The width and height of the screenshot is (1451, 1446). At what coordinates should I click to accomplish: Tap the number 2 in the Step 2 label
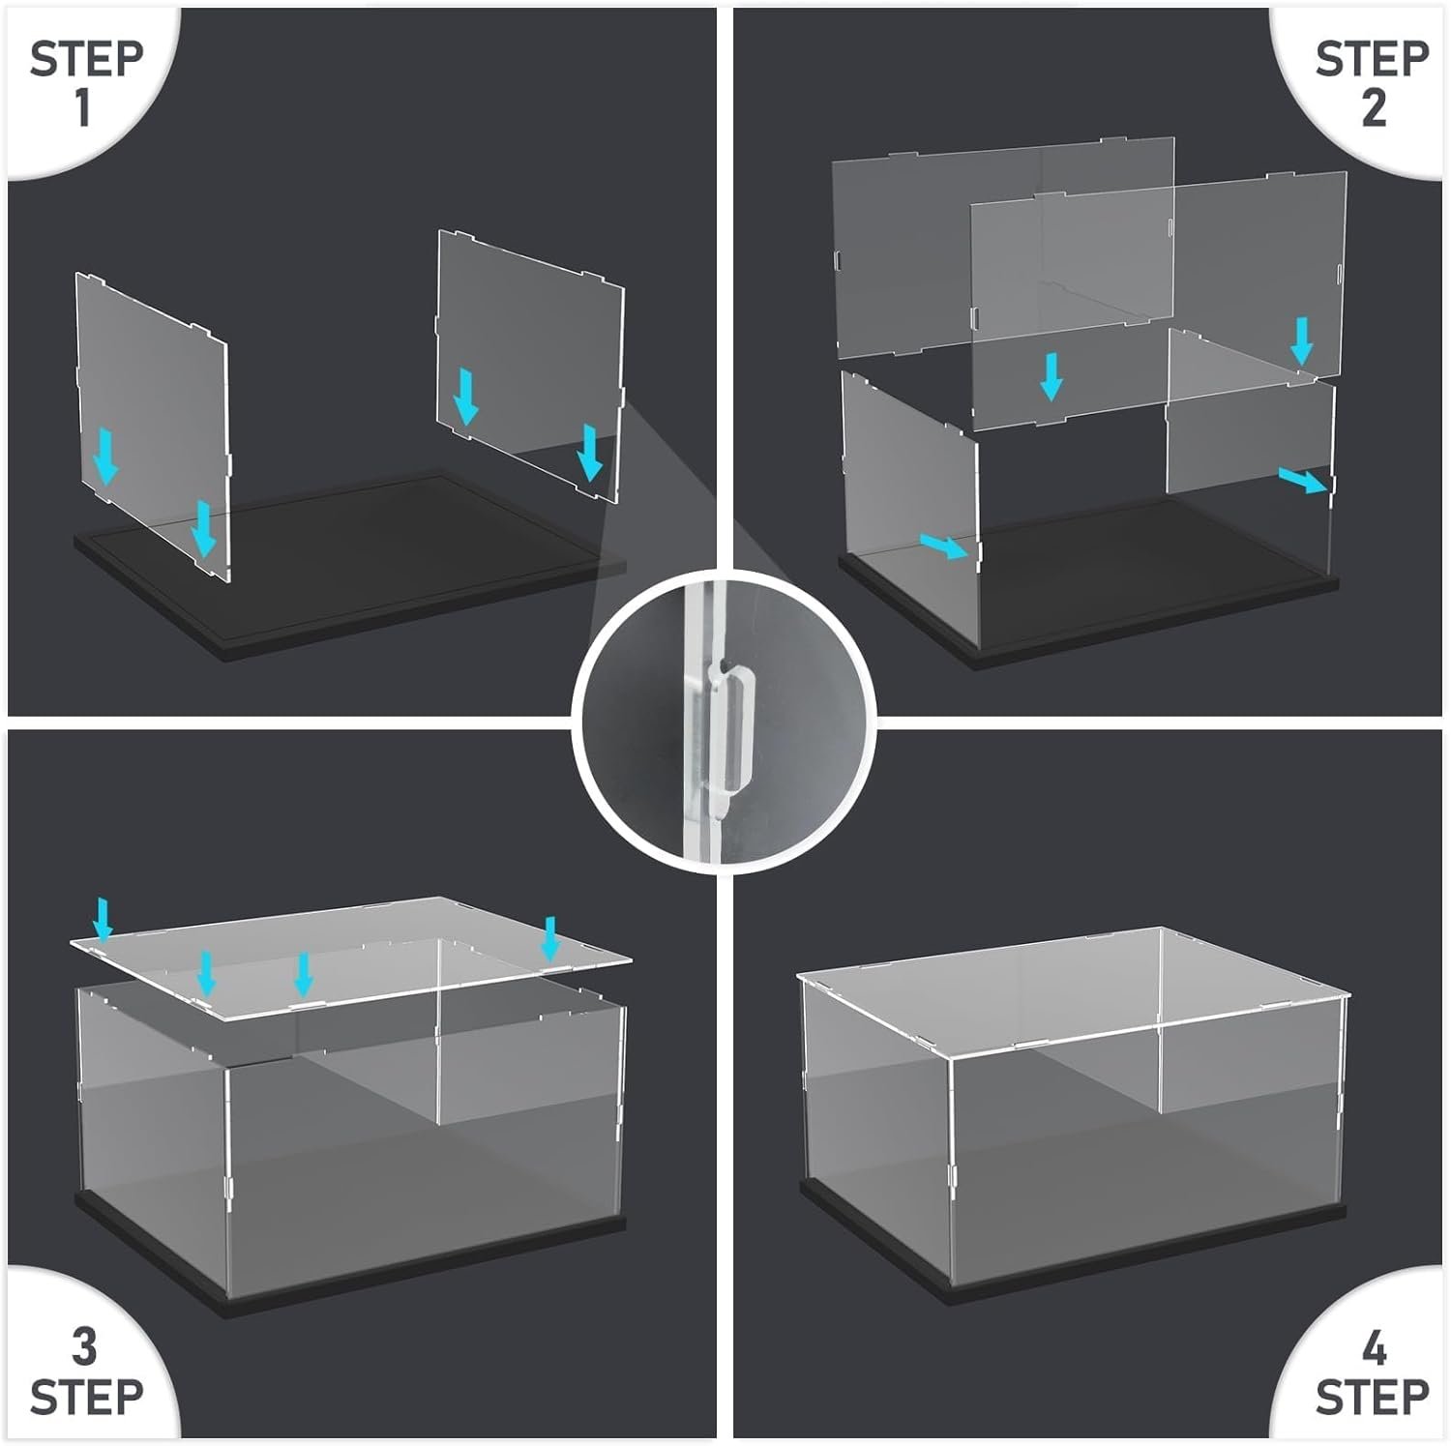[1374, 105]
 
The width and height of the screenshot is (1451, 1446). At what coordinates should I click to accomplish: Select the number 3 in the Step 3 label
[84, 1347]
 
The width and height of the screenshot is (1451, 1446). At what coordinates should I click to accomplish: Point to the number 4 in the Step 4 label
[1374, 1347]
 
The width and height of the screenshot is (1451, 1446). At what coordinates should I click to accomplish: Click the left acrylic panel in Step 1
[153, 426]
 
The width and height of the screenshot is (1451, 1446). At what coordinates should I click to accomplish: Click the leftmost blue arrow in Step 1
[106, 457]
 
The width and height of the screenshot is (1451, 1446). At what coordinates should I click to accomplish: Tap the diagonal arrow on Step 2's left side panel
[943, 546]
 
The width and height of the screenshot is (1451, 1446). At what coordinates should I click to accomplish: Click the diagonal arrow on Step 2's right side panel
[1302, 480]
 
